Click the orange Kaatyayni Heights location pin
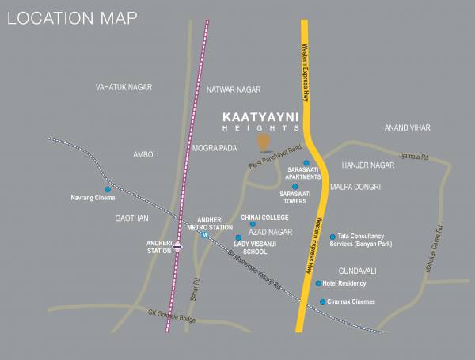[x=264, y=142]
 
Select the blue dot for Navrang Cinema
[x=108, y=189]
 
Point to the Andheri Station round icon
[x=179, y=247]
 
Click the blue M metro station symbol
[x=204, y=235]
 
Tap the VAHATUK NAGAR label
[x=123, y=87]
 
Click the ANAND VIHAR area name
[x=407, y=127]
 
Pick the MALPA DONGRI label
[x=355, y=188]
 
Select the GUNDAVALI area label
[x=352, y=271]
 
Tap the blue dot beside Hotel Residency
[x=318, y=283]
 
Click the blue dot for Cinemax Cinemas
[x=322, y=301]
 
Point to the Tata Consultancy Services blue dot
[x=332, y=236]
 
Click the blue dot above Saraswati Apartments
[x=306, y=163]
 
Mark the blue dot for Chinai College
[x=253, y=225]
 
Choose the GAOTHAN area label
[x=131, y=218]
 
